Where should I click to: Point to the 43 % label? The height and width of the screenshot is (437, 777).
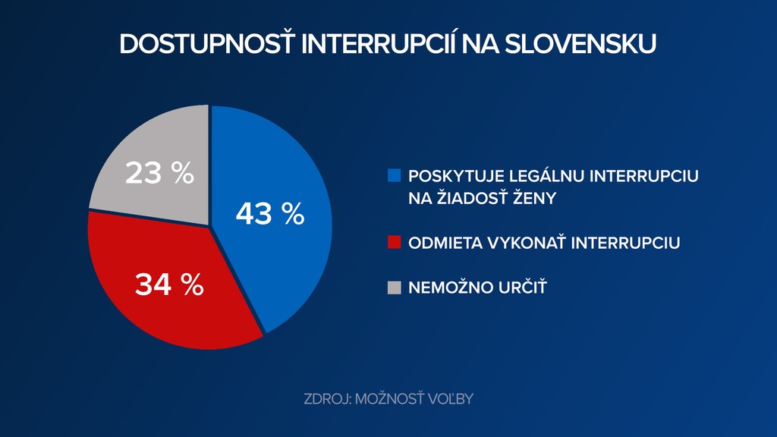click(x=269, y=214)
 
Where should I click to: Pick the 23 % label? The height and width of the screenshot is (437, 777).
click(x=159, y=174)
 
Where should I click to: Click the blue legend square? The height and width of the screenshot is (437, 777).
click(x=393, y=176)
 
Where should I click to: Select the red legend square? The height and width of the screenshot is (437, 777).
click(x=393, y=243)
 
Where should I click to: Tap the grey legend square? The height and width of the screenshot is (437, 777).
click(x=393, y=287)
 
